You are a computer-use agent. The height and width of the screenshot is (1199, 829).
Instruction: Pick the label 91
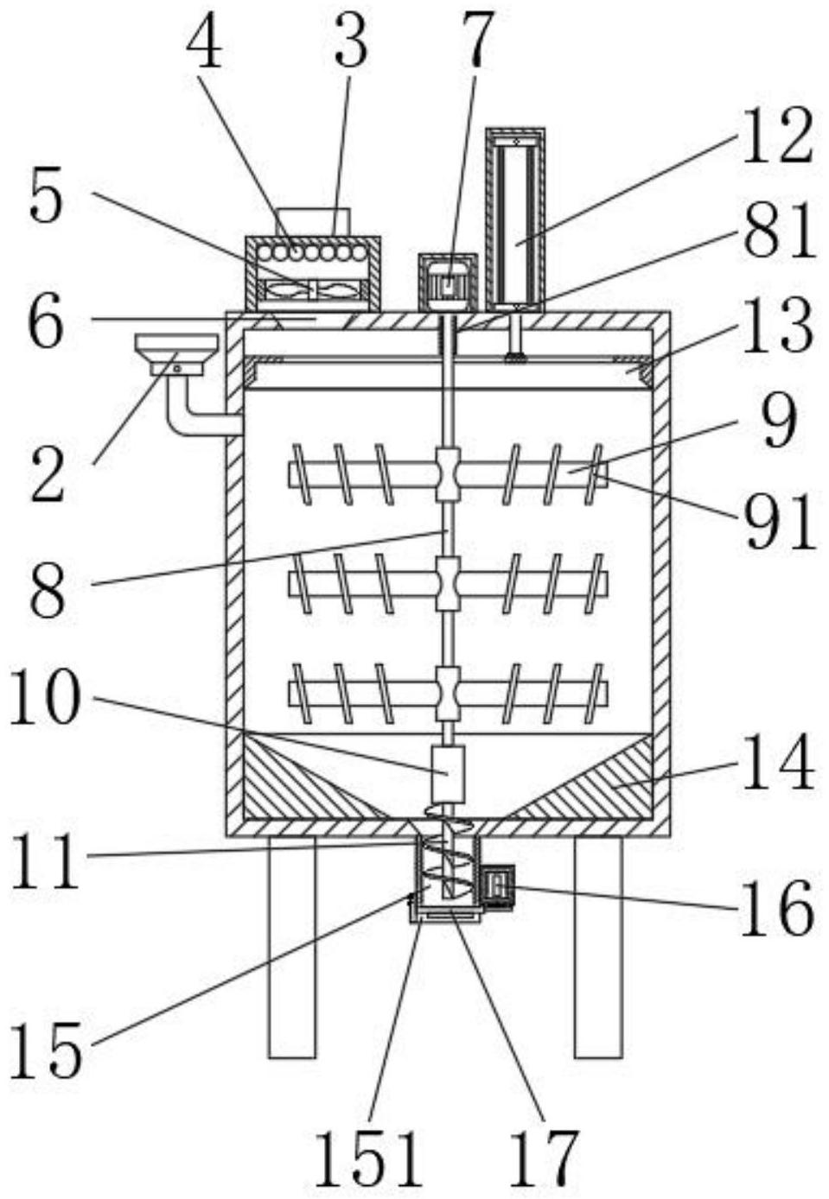pos(779,522)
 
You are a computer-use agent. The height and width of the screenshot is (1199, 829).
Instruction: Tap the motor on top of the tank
pos(448,282)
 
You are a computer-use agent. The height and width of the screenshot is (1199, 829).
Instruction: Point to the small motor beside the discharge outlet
pos(498,887)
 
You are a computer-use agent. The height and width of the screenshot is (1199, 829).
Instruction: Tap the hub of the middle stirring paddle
pos(449,583)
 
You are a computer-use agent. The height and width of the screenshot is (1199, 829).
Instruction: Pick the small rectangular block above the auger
pos(448,774)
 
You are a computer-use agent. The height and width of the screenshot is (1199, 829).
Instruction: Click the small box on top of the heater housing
pos(313,222)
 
